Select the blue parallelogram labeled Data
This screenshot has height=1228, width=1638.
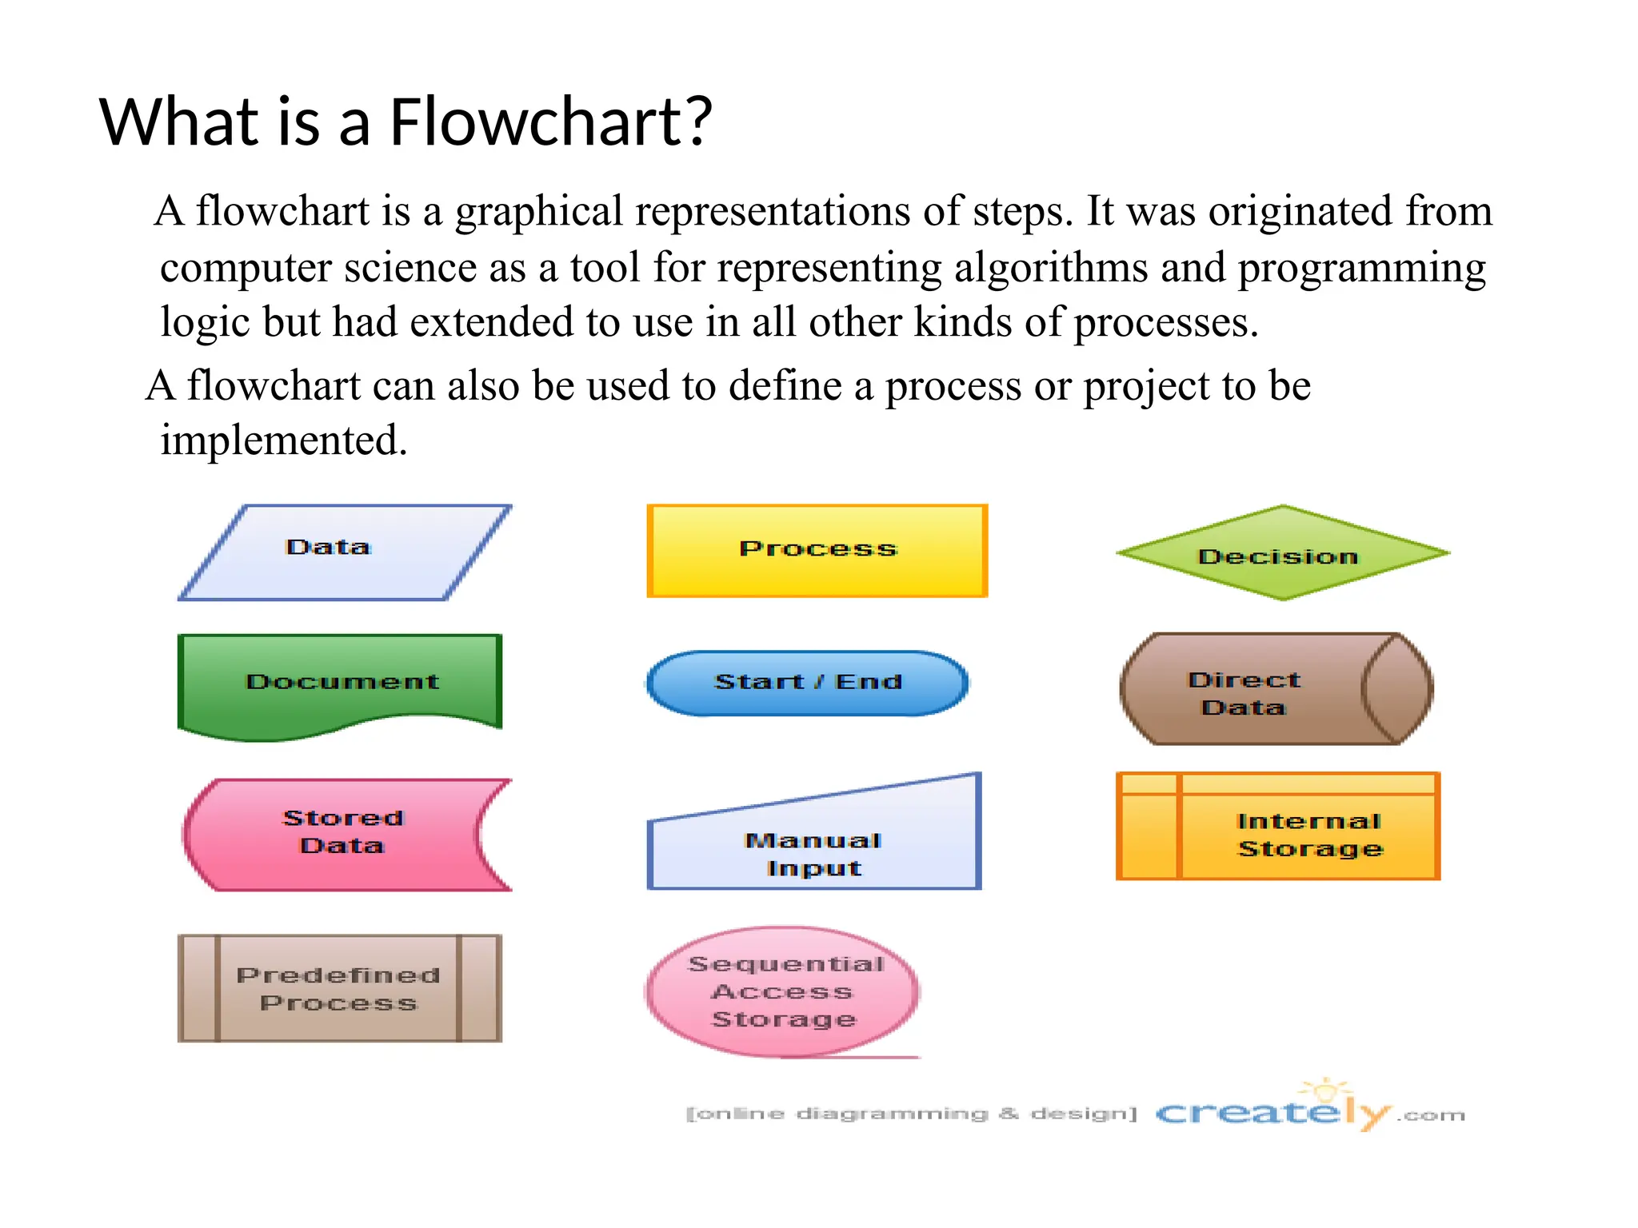click(x=344, y=552)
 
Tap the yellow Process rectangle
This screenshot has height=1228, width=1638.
click(x=817, y=551)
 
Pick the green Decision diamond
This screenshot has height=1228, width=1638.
click(x=1282, y=553)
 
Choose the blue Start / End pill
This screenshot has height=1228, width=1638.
click(x=807, y=682)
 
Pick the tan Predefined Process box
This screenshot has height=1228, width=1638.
click(x=339, y=988)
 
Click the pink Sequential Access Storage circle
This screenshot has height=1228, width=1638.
click(x=782, y=991)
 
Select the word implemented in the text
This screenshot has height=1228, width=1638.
click(x=283, y=441)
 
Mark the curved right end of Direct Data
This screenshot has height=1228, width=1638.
click(x=1396, y=689)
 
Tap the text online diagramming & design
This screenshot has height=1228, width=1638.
click(x=911, y=1114)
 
